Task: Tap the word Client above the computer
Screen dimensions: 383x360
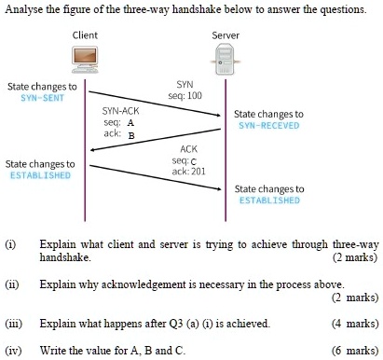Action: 86,35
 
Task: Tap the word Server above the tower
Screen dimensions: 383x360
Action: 225,35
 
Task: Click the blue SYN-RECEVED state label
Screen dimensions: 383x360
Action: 269,124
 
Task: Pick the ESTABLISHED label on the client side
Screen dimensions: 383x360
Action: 40,174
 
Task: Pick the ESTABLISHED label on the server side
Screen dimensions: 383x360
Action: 269,200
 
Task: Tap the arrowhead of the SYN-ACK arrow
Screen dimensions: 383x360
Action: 93,149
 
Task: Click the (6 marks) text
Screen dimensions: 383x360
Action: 355,351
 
